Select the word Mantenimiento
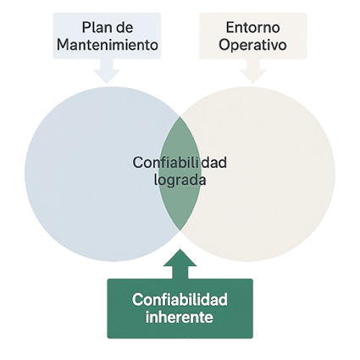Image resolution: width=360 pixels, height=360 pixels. (x=108, y=45)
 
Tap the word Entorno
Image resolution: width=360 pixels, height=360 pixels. (x=252, y=27)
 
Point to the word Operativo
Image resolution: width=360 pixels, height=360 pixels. (x=252, y=46)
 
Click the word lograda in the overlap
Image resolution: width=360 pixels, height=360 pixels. (x=180, y=180)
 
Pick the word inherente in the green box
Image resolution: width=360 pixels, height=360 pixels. (x=180, y=317)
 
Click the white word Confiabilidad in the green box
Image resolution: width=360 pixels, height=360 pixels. (x=180, y=299)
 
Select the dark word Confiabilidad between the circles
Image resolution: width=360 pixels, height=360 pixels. (x=180, y=163)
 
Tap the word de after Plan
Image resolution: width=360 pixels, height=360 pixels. (x=125, y=28)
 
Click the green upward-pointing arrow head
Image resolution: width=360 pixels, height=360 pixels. (x=180, y=258)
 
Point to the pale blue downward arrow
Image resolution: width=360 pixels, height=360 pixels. (x=107, y=70)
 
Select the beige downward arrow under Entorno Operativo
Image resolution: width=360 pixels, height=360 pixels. (x=253, y=70)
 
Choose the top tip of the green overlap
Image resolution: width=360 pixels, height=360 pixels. (x=180, y=116)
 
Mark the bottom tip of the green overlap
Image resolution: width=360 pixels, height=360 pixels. (x=180, y=230)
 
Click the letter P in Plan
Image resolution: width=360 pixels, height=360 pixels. (x=86, y=28)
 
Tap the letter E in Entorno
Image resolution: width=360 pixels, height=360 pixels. (x=230, y=28)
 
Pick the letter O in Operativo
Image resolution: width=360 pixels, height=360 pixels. (x=224, y=45)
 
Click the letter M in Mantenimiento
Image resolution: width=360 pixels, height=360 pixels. (x=63, y=45)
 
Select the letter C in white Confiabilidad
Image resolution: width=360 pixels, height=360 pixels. (x=137, y=300)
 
